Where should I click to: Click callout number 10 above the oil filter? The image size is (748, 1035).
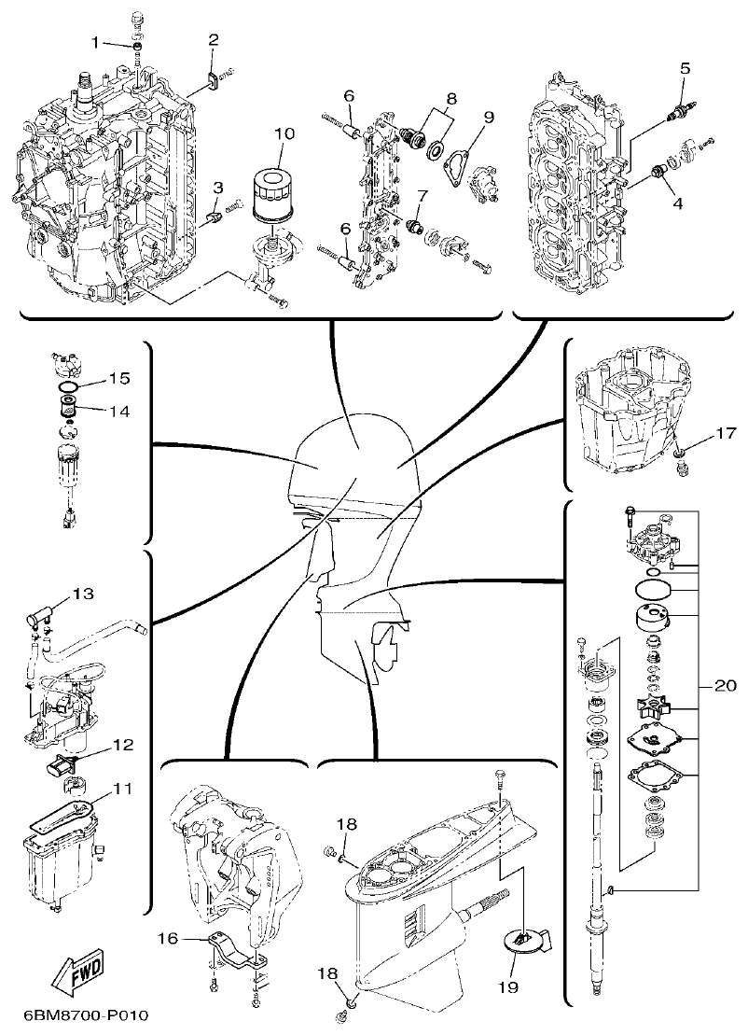[284, 133]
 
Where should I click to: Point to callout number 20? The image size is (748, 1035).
[725, 685]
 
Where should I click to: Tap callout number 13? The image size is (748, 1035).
[84, 593]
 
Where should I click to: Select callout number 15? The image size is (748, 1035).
[118, 378]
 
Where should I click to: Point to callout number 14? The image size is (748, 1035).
[118, 410]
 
